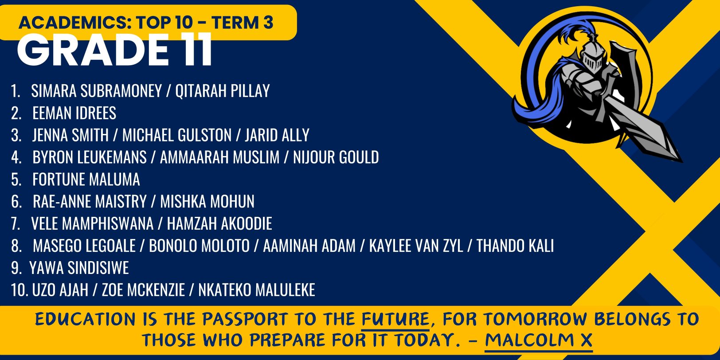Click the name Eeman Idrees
74,113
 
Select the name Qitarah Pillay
223,90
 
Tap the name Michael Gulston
177,135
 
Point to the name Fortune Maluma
86,180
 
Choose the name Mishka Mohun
207,202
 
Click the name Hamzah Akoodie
219,224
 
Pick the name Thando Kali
515,246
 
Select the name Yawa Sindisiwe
79,268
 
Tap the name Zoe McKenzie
143,290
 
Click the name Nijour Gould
336,157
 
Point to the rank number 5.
16,180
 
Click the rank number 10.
20,290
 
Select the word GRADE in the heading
92,50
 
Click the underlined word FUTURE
395,320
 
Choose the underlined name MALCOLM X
538,340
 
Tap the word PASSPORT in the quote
245,320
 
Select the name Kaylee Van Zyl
416,246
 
